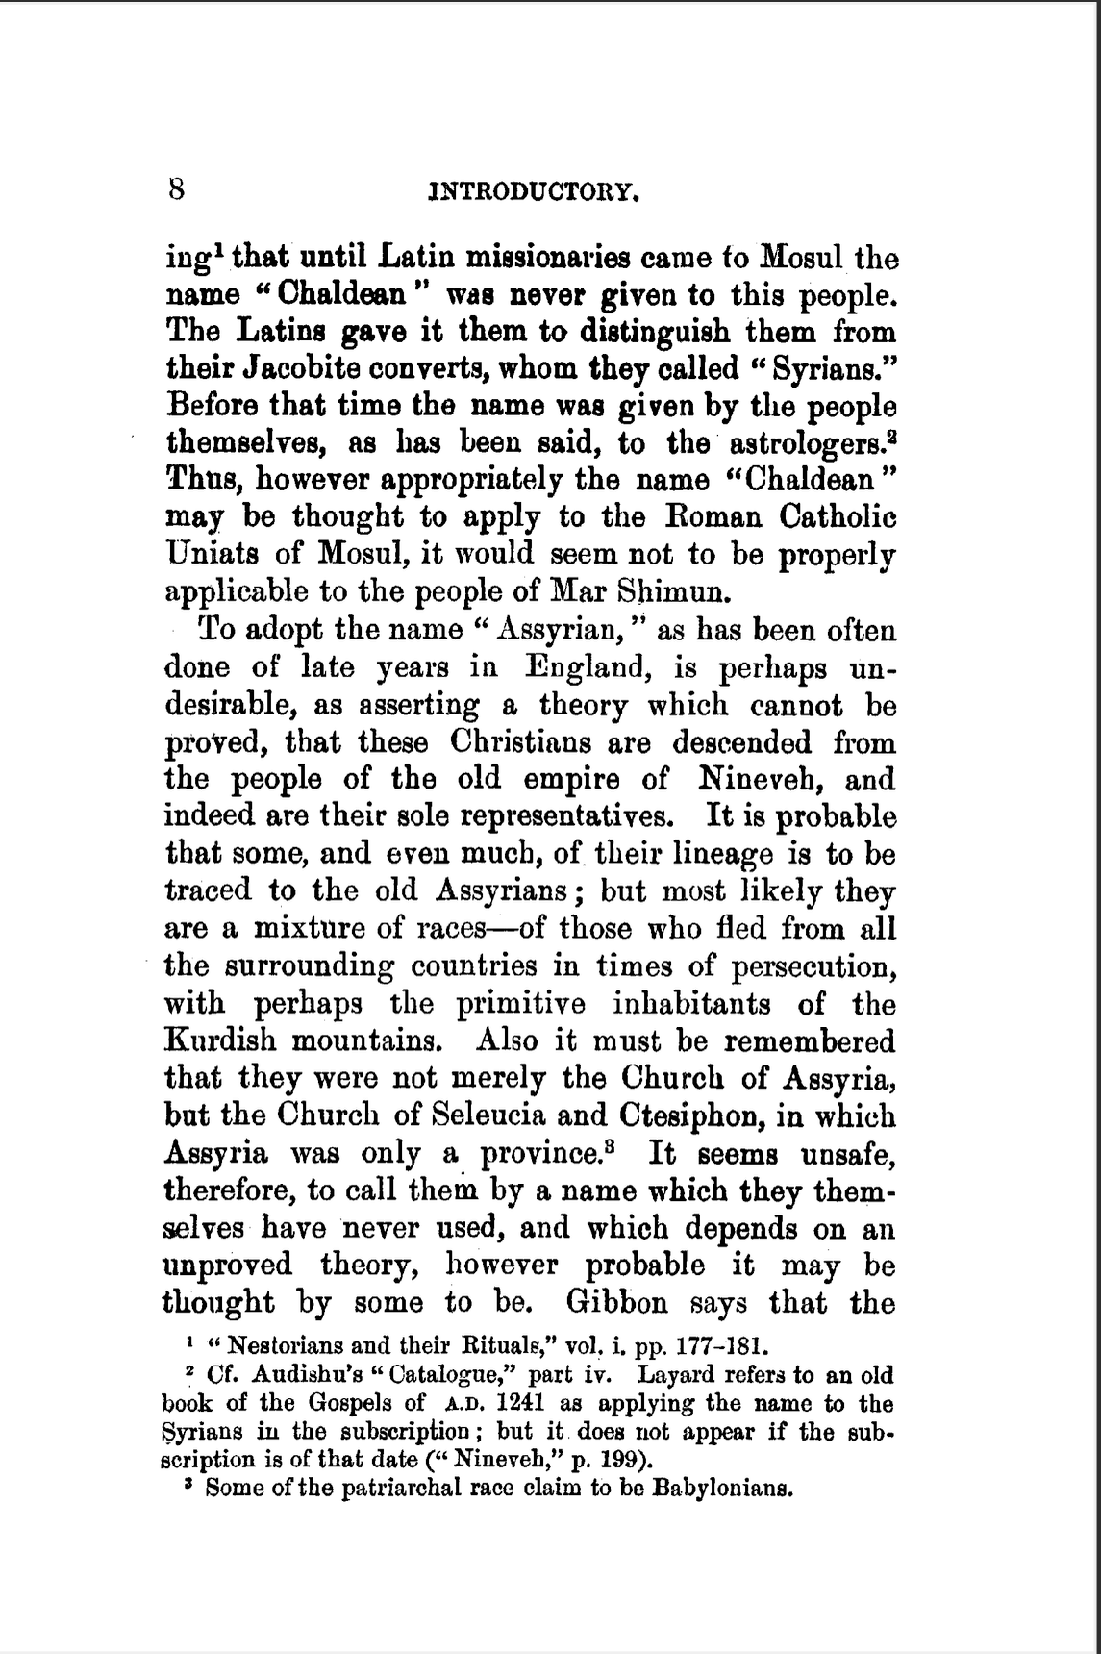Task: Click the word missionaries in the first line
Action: coord(547,258)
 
